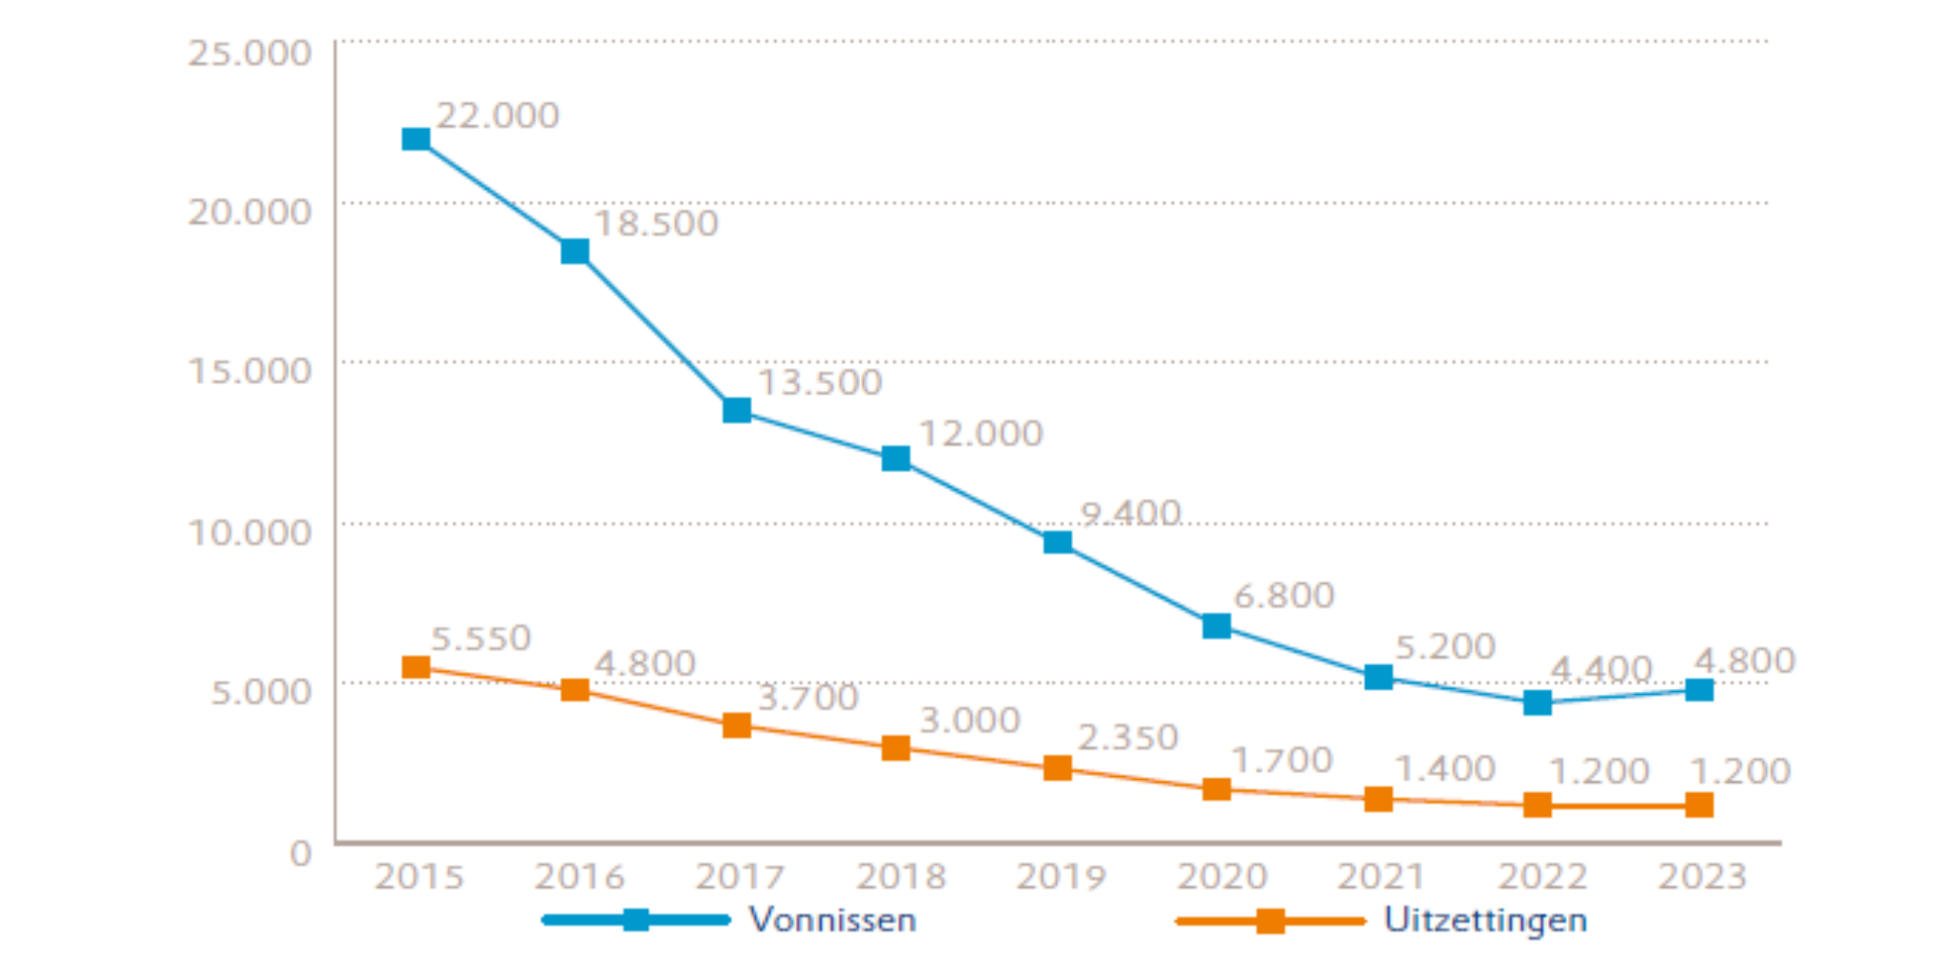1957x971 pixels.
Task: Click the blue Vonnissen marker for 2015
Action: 416,140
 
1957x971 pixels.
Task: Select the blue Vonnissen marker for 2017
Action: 737,411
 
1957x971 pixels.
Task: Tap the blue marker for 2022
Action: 1538,703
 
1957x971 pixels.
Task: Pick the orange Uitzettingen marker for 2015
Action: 416,667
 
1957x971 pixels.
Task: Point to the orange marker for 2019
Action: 1057,768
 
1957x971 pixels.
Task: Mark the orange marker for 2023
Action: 1699,805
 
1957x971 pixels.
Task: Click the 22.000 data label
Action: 498,116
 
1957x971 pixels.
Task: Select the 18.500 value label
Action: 656,224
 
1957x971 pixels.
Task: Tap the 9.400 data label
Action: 1130,513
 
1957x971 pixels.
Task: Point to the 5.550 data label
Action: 481,638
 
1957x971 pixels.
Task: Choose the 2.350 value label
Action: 1129,738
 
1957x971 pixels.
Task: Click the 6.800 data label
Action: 1283,595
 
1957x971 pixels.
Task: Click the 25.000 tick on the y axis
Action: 249,53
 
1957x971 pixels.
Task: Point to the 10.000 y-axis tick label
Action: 249,532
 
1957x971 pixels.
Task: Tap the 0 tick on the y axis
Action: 300,852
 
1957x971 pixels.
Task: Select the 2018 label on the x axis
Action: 900,876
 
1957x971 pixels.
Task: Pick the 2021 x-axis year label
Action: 1381,876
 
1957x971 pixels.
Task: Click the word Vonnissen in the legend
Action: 832,920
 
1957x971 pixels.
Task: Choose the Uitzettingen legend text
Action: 1485,920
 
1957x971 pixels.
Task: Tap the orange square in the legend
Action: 1270,921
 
